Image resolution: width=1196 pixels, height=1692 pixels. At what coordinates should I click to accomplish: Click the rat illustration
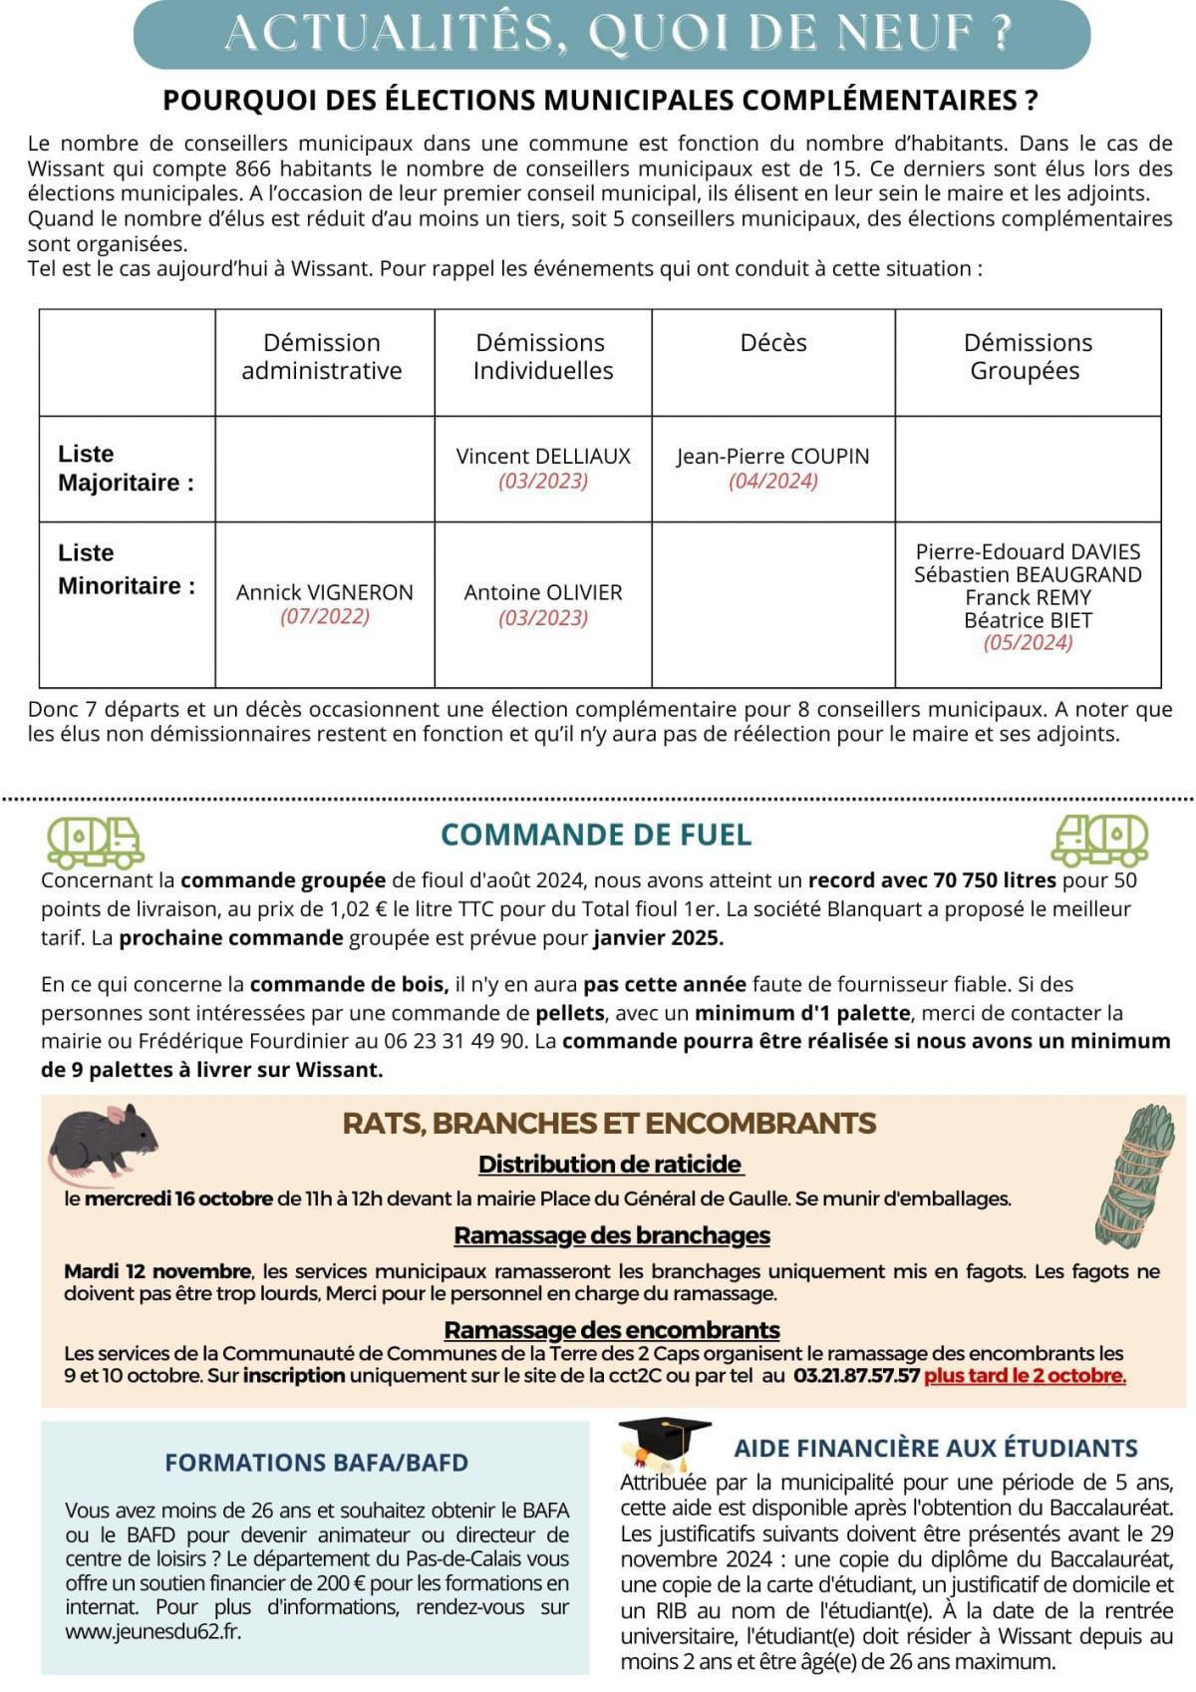(103, 1140)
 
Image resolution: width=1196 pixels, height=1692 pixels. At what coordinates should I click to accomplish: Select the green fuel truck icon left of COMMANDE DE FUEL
(95, 843)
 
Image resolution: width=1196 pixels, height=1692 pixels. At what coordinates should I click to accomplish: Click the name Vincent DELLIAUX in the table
(543, 457)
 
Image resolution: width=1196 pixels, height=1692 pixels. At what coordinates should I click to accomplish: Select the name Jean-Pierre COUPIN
(772, 457)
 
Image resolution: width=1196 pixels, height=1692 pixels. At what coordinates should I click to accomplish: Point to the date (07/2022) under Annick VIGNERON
(325, 616)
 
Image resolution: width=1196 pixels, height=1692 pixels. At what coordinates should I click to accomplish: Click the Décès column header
(772, 343)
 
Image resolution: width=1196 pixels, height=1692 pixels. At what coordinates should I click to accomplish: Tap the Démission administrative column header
(322, 357)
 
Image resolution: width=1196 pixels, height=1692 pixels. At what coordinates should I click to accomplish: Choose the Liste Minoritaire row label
(126, 569)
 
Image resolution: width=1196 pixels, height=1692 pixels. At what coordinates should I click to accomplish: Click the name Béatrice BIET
(1028, 620)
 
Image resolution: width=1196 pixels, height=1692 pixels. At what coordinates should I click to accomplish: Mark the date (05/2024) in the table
(1028, 643)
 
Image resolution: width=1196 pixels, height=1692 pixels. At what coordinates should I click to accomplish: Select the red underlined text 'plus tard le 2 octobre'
(1025, 1376)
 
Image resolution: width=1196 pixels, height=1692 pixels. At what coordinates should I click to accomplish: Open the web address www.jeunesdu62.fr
(152, 1631)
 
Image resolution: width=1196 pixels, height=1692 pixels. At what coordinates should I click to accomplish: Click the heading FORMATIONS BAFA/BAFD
(316, 1463)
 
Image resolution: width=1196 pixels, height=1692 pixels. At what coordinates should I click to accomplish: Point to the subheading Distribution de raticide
(611, 1165)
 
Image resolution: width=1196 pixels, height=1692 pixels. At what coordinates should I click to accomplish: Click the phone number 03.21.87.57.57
(856, 1376)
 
